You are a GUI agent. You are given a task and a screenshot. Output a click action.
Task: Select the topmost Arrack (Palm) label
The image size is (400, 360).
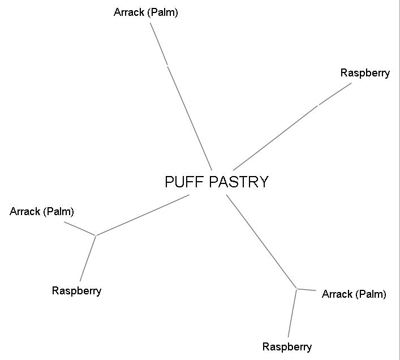click(x=145, y=12)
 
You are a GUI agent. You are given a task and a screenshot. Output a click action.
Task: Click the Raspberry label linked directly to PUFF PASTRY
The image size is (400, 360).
click(x=365, y=73)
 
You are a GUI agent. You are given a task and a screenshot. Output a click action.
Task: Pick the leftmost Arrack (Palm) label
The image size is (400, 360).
click(x=42, y=212)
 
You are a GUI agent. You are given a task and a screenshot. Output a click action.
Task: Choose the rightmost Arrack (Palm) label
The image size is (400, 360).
click(x=354, y=294)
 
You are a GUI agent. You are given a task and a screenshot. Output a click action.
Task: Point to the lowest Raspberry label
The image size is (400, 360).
click(x=287, y=347)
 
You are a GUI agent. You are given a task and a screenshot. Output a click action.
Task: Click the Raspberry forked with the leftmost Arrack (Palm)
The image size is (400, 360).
click(x=76, y=291)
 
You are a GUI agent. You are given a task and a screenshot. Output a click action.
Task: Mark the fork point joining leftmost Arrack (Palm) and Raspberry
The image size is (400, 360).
click(x=96, y=235)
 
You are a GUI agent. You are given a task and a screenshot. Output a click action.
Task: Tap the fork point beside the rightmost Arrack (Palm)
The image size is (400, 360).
click(x=296, y=289)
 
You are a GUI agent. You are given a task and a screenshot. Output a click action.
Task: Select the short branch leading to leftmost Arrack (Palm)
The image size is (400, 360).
click(x=80, y=229)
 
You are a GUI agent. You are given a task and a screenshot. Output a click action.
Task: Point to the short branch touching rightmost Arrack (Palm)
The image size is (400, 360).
click(x=306, y=290)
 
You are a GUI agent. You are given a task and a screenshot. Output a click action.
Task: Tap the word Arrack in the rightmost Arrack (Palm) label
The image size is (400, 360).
click(x=337, y=294)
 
